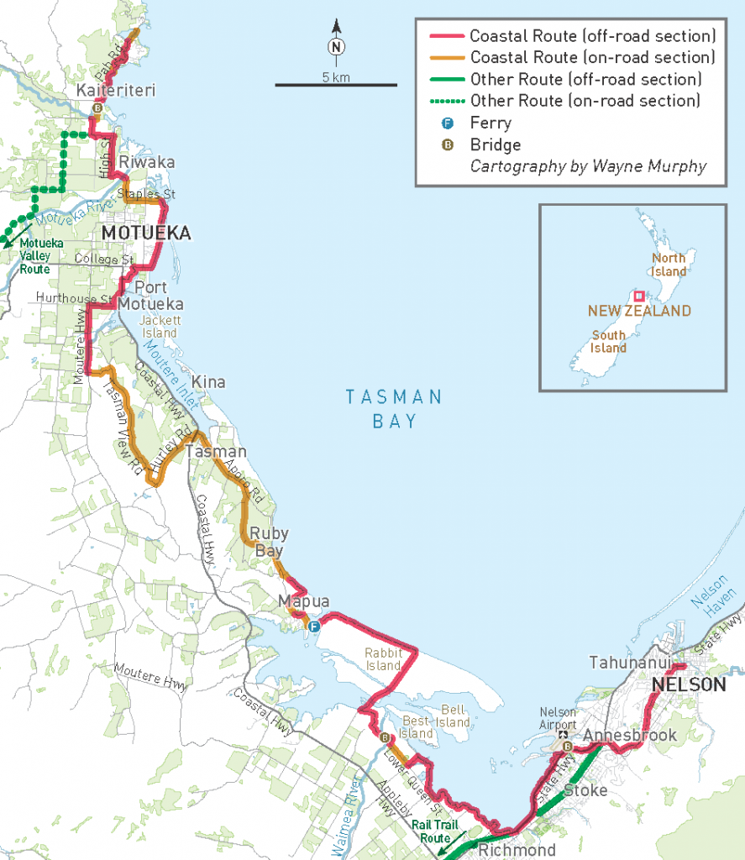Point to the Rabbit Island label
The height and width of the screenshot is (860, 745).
tap(382, 659)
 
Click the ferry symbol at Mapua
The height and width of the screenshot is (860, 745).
tap(314, 627)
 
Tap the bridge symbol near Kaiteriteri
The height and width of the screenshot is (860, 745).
tap(97, 108)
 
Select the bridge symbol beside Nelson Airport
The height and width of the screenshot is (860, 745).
tap(567, 747)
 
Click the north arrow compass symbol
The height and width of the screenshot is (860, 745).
tap(336, 46)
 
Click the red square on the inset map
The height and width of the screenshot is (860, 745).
tap(639, 296)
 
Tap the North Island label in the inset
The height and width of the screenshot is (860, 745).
tap(669, 265)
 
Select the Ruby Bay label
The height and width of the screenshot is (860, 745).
tap(269, 542)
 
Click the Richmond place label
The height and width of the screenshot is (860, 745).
tap(517, 850)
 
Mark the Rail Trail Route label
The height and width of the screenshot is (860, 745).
tap(436, 831)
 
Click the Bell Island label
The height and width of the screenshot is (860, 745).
tap(453, 716)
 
